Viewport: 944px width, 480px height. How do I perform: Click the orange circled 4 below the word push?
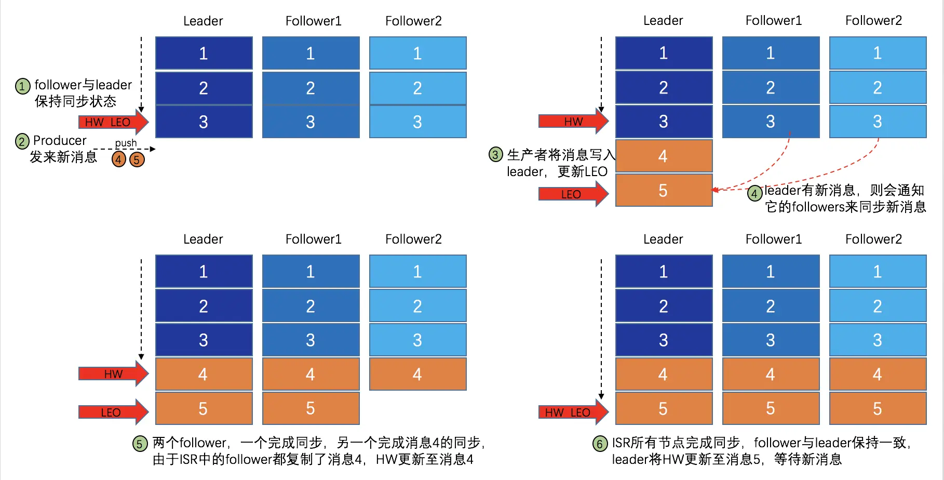[x=119, y=159]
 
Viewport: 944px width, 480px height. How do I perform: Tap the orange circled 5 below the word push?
[x=137, y=159]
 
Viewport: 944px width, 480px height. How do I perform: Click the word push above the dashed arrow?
[x=126, y=143]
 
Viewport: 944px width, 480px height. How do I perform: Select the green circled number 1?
[x=22, y=86]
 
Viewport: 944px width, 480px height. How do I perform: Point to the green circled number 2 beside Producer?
[x=22, y=141]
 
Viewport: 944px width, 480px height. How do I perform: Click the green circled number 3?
[x=496, y=154]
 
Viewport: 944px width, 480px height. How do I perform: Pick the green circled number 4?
[x=754, y=194]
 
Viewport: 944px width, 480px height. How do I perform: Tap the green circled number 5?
[x=140, y=444]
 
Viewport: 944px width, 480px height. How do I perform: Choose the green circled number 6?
[x=600, y=444]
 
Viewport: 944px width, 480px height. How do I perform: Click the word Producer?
[x=60, y=140]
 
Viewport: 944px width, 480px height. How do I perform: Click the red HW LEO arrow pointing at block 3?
[x=113, y=122]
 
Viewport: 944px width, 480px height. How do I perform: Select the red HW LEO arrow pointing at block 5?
[x=573, y=412]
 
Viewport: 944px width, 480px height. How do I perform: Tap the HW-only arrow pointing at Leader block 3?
[x=573, y=121]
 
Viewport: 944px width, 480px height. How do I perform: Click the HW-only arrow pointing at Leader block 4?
[x=113, y=374]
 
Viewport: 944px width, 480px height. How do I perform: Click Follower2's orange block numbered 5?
[x=878, y=408]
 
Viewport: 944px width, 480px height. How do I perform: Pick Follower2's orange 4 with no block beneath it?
[x=417, y=374]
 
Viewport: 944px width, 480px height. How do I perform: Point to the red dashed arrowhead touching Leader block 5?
[x=716, y=190]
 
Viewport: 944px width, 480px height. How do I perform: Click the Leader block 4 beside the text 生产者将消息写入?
[x=663, y=156]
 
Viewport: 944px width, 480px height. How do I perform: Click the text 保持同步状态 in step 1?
[x=75, y=101]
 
